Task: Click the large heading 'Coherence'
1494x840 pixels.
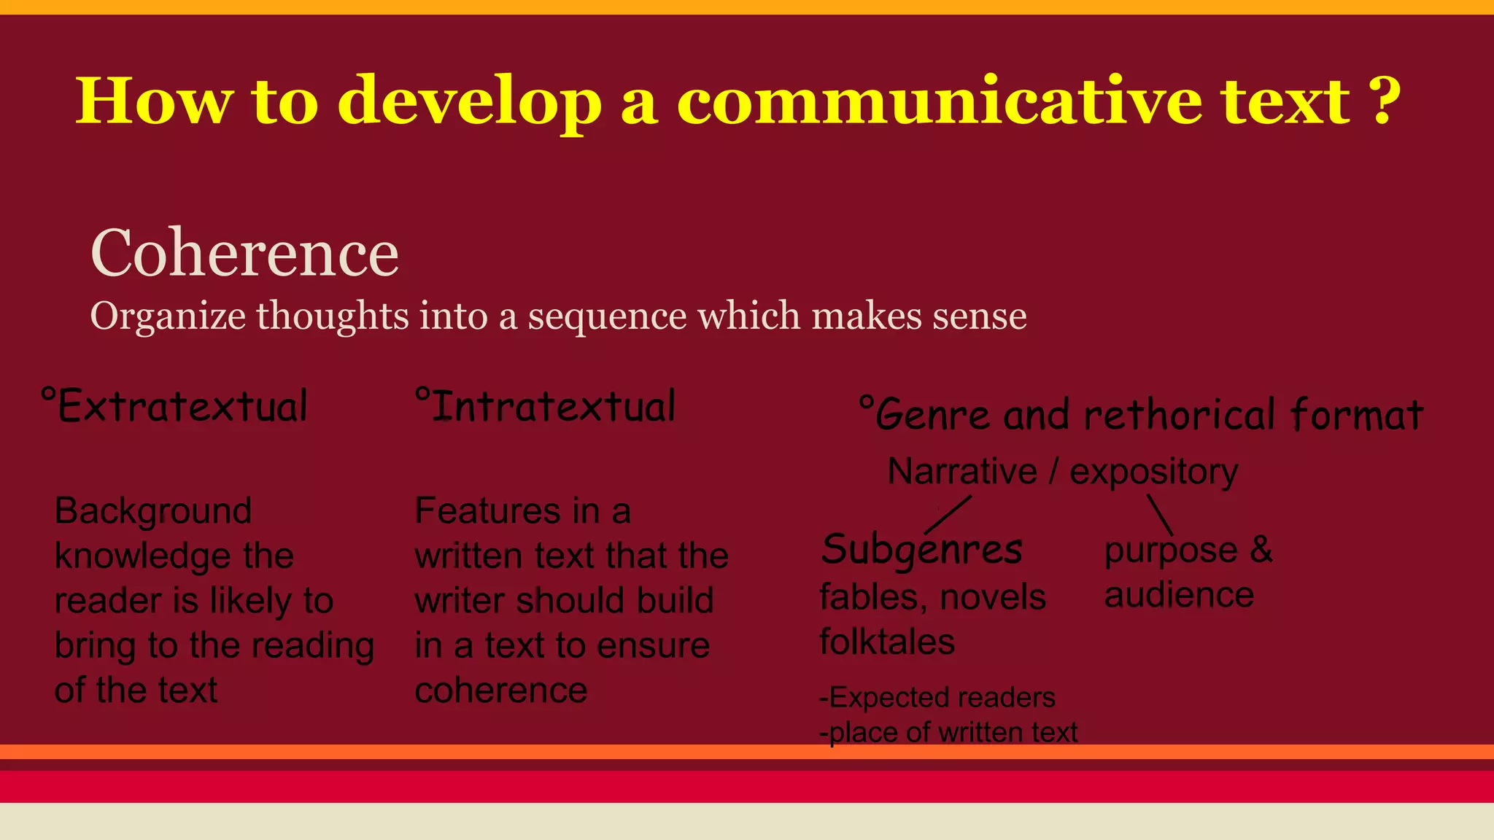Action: coord(244,253)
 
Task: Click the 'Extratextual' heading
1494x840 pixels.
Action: coord(175,407)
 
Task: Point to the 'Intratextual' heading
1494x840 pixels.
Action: coord(546,407)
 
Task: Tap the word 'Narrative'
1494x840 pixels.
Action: coord(962,471)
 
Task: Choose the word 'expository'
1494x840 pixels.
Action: coord(1153,471)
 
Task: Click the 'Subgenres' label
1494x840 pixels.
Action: coord(921,550)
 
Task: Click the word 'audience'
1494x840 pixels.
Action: coord(1179,595)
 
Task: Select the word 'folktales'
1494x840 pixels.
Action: coord(887,642)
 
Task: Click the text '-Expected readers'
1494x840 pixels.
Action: coord(937,698)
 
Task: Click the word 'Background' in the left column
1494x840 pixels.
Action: coord(153,510)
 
